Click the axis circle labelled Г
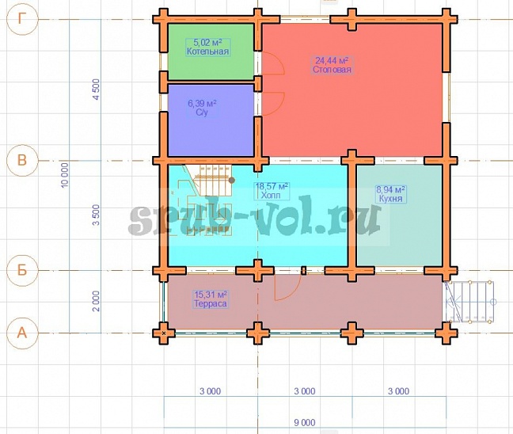click(22, 19)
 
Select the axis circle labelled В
click(22, 161)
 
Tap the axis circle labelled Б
click(22, 270)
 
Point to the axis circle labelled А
click(22, 333)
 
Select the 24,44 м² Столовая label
click(332, 65)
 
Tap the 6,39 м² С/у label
click(202, 108)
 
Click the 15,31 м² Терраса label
click(211, 299)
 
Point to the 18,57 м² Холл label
click(272, 191)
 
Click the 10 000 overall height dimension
click(65, 175)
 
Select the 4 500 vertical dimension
click(97, 89)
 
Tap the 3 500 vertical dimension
click(96, 215)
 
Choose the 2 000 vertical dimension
click(96, 301)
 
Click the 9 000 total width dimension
click(305, 423)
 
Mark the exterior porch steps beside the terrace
click(469, 302)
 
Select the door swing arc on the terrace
click(288, 287)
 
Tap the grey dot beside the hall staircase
click(232, 180)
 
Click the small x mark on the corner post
click(164, 333)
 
